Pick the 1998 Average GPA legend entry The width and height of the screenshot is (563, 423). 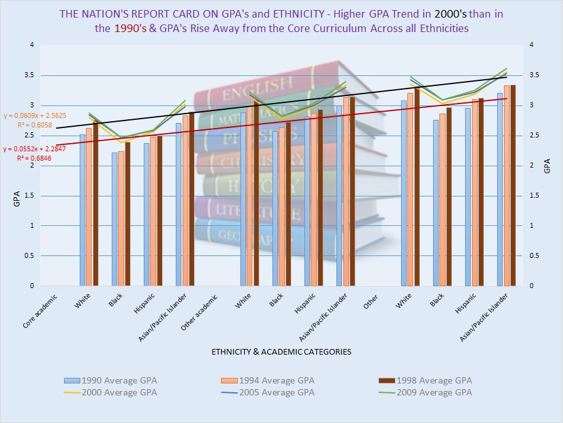[x=433, y=380]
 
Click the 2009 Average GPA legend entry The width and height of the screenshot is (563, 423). [x=433, y=392]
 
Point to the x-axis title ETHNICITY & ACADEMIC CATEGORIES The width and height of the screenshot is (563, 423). [x=281, y=351]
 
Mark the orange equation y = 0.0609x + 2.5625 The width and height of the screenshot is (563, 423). [x=35, y=116]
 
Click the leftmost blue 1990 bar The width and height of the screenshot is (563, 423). [x=83, y=210]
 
